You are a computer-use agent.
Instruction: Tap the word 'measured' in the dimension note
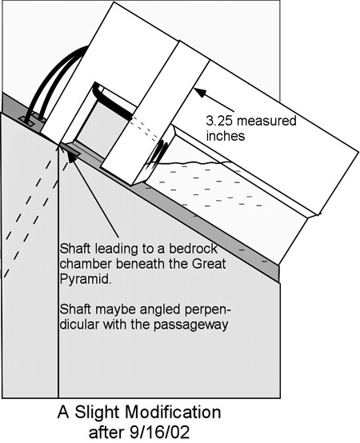266,122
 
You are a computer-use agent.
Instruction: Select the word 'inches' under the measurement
226,136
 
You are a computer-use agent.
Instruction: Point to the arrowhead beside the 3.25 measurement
200,93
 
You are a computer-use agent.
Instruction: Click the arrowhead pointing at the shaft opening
72,155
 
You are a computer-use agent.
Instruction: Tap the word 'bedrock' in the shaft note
194,249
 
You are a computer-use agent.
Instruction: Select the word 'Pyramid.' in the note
85,279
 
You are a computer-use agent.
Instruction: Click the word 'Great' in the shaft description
209,264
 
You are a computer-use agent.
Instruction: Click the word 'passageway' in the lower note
190,325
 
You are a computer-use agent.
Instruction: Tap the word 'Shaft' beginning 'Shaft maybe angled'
75,309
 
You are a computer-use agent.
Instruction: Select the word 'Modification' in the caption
173,412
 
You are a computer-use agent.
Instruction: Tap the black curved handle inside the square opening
112,104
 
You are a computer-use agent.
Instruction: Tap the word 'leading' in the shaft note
113,249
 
